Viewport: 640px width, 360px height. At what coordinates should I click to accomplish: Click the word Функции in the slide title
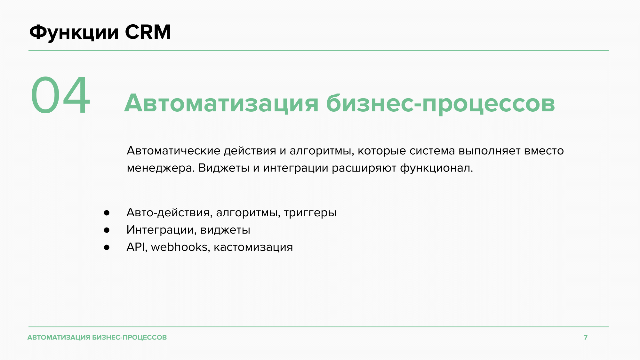click(74, 33)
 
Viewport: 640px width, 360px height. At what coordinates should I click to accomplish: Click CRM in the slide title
click(148, 32)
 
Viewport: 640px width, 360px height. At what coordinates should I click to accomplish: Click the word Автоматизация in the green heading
click(221, 103)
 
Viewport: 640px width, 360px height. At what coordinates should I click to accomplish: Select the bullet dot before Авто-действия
click(107, 213)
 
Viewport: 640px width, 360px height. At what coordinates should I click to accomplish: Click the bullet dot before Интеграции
click(107, 230)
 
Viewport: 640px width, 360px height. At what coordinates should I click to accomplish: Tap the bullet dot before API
click(107, 247)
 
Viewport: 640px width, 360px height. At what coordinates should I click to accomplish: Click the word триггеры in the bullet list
click(310, 213)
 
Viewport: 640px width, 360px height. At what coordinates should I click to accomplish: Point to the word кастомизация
click(253, 248)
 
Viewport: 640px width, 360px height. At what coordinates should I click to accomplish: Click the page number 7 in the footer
click(586, 337)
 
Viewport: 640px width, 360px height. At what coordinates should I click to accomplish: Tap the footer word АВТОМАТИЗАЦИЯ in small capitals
click(59, 338)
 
